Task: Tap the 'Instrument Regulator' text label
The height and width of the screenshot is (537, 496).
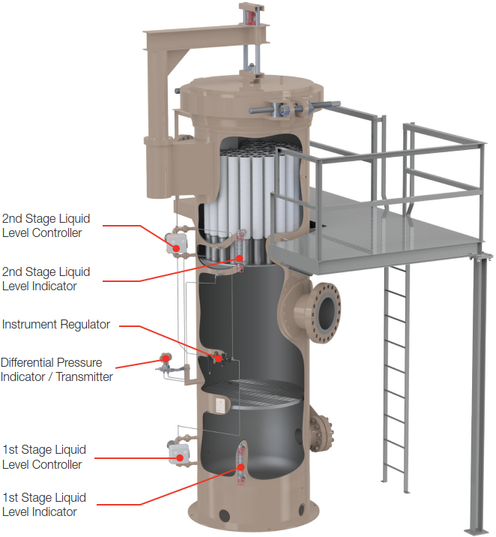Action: [56, 325]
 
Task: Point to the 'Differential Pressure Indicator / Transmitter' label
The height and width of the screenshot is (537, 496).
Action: [56, 370]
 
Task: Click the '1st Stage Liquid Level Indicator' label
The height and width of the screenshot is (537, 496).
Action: [44, 505]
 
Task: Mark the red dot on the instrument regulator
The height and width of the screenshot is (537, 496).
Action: [218, 358]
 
